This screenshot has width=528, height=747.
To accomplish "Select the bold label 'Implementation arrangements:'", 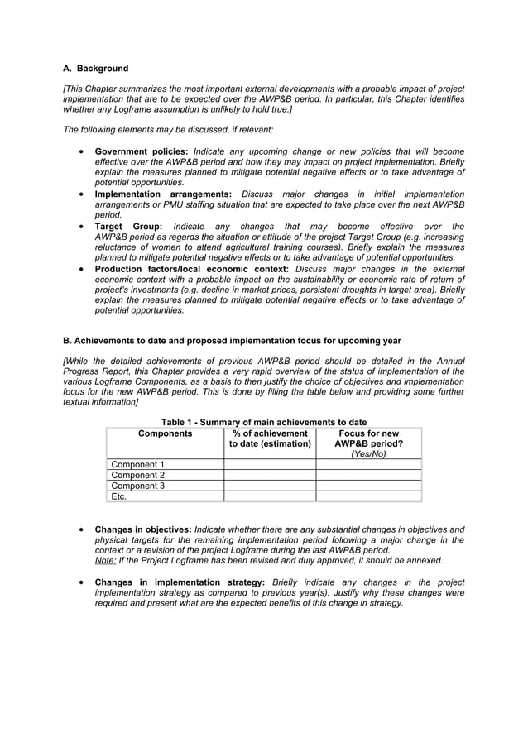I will (163, 194).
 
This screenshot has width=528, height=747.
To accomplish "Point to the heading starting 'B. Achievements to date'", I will (233, 340).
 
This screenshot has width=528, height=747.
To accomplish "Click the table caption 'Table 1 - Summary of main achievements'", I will (264, 422).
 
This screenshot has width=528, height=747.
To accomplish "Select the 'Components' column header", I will (165, 433).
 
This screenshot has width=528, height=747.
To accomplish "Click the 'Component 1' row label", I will (138, 465).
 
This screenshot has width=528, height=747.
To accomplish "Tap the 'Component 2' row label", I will (138, 476).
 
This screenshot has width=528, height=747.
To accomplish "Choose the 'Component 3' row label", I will (138, 486).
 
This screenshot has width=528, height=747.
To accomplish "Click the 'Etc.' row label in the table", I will (119, 496).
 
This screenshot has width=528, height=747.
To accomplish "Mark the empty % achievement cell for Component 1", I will (270, 465).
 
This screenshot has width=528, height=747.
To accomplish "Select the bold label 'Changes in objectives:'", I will (143, 529).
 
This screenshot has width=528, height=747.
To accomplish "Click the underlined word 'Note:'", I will (105, 560).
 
